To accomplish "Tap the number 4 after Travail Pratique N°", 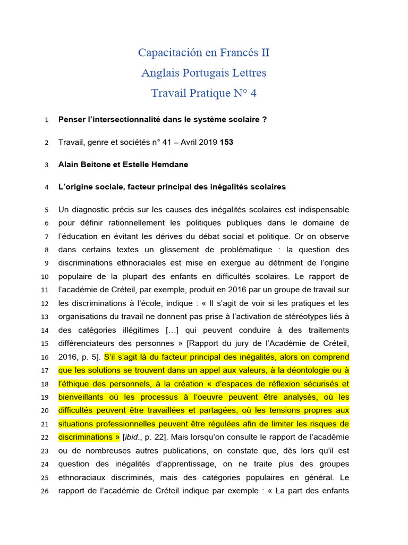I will (x=253, y=93).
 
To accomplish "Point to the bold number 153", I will (x=226, y=142).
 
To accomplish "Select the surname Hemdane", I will (x=169, y=164).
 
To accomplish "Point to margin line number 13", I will (x=45, y=303).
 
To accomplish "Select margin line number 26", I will (x=45, y=491).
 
